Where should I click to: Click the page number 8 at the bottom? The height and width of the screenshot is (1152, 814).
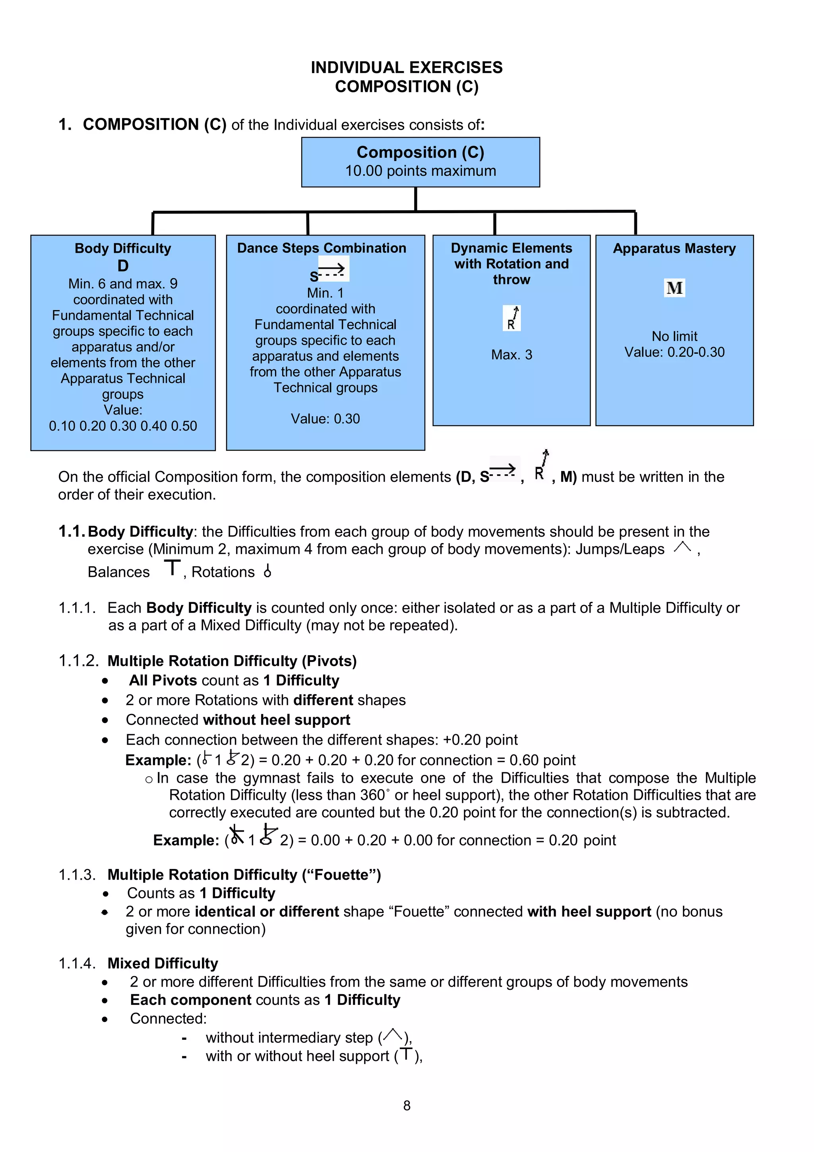tap(407, 1105)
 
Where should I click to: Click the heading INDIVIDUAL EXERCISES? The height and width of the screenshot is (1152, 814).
tap(406, 67)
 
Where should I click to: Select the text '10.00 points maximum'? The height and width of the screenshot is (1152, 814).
tap(420, 171)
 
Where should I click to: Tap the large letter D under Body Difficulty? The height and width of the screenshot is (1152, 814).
tap(123, 266)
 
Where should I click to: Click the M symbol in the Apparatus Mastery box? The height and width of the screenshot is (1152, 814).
tap(674, 288)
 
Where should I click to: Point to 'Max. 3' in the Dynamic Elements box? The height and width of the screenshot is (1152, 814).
tap(512, 355)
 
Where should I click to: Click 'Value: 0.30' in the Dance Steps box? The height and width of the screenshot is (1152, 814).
tap(325, 419)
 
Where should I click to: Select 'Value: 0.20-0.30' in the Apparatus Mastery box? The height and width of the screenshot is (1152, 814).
tap(674, 352)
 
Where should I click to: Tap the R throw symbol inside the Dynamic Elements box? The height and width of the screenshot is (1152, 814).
tap(512, 318)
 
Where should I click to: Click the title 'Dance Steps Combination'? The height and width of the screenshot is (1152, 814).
tap(322, 248)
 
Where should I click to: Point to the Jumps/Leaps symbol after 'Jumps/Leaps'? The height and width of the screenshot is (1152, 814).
tap(682, 547)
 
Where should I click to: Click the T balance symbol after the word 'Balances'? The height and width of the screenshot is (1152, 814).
tap(172, 568)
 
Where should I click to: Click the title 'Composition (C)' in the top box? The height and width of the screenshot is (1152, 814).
tap(420, 152)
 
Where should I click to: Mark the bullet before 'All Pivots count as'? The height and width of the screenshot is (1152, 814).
tap(105, 681)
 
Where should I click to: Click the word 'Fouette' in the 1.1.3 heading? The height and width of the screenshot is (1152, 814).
tap(341, 875)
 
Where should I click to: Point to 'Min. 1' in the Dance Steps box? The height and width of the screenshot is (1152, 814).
tap(325, 293)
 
